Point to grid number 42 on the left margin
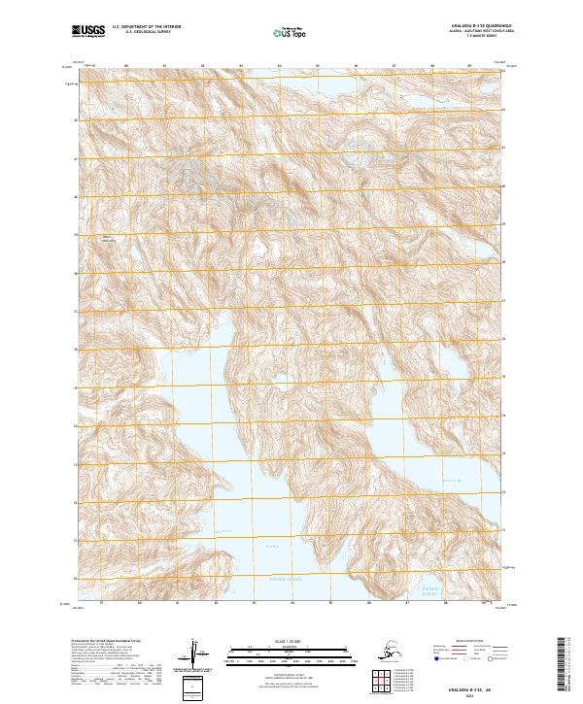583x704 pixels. coord(73,121)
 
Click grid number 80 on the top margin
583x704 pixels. coord(126,68)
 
